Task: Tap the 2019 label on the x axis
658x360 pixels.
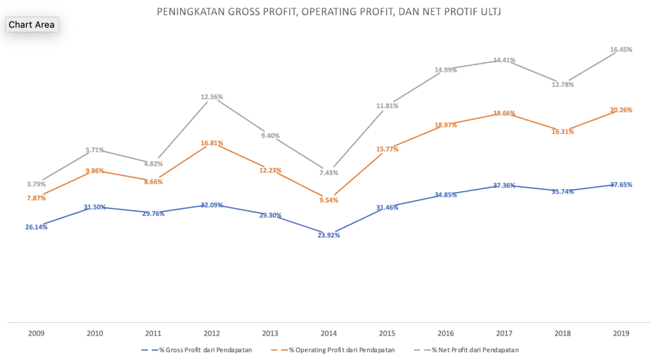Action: (621, 334)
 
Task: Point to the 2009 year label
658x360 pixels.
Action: (36, 334)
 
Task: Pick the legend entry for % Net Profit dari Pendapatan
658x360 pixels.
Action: (470, 350)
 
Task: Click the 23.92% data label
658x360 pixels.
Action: (329, 235)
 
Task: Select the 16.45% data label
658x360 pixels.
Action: (621, 50)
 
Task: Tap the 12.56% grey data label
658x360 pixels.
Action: (212, 97)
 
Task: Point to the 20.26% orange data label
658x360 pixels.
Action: (621, 110)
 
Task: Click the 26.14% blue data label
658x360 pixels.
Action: (36, 227)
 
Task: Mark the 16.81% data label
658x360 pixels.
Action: (212, 143)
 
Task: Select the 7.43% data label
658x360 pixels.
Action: (328, 173)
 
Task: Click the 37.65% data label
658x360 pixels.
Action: (621, 184)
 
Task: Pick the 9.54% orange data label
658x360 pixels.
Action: (328, 200)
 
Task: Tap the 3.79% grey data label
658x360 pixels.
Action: (36, 184)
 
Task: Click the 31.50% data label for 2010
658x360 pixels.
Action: (95, 207)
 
